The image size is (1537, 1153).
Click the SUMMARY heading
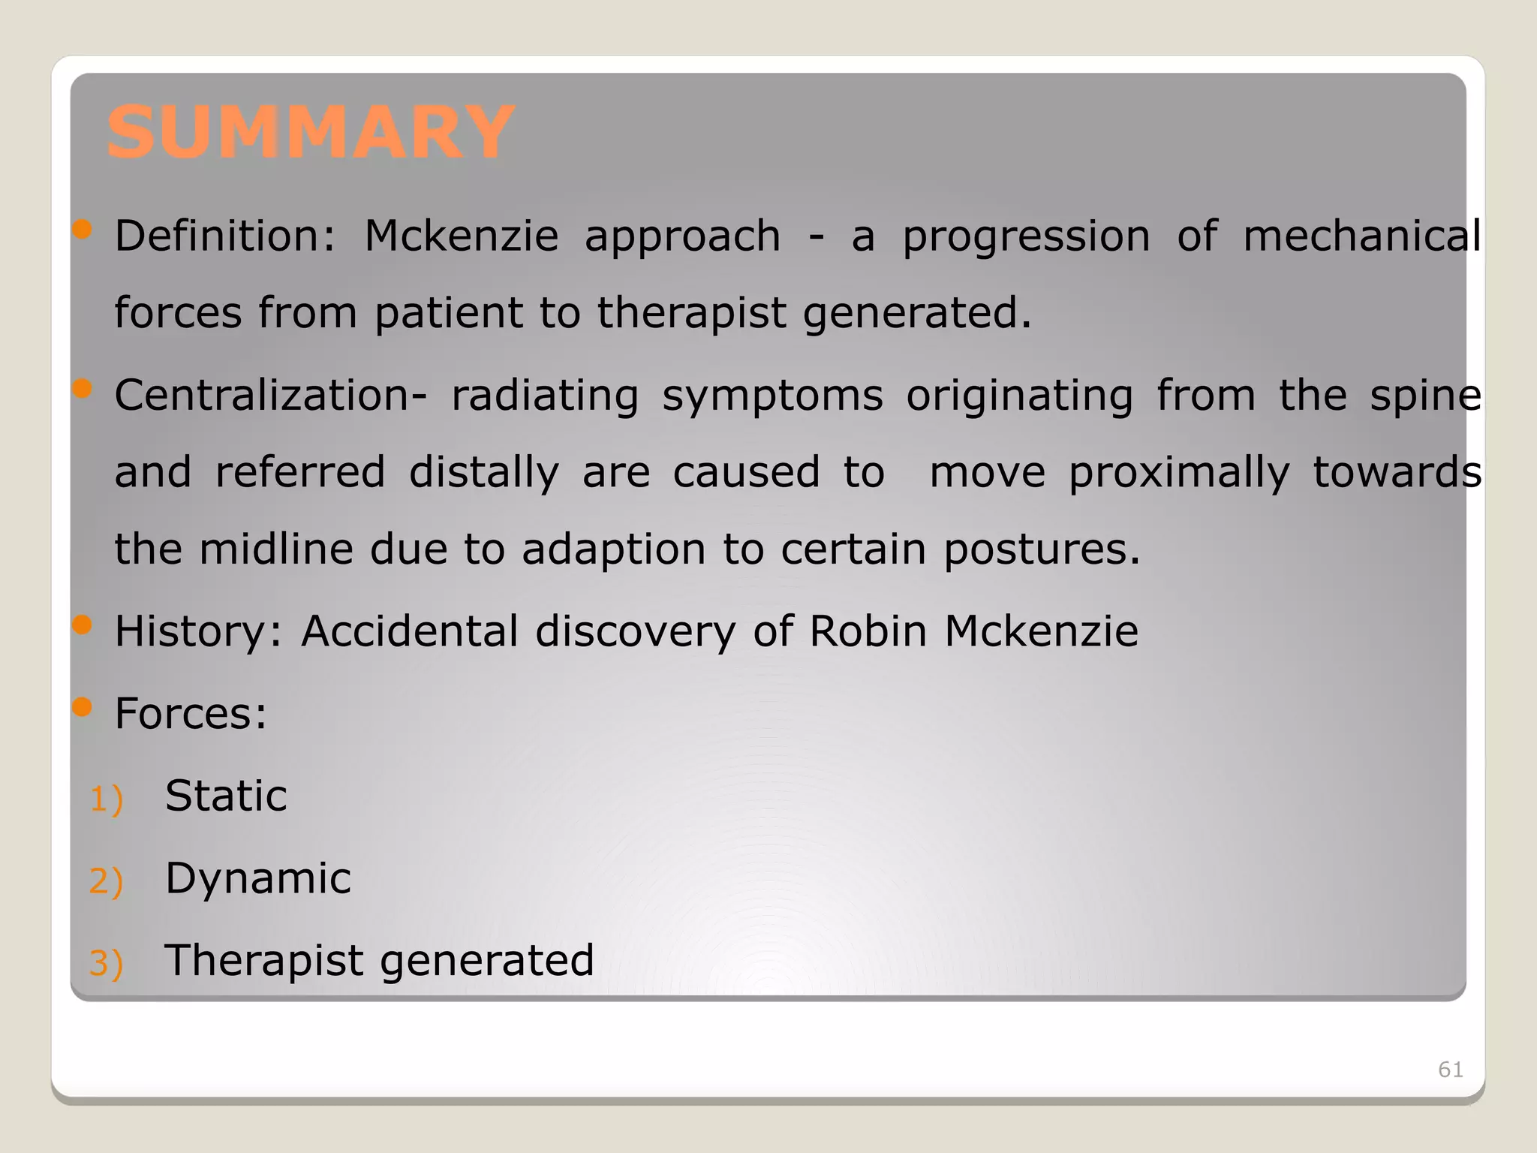tap(311, 133)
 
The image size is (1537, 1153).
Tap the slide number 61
tap(1450, 1070)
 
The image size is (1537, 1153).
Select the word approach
tap(682, 237)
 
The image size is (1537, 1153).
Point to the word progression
tap(1026, 237)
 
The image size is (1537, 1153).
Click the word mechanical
tap(1361, 236)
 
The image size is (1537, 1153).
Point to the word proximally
tap(1179, 474)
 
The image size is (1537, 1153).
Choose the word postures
tap(1042, 550)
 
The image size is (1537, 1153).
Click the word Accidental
tap(409, 631)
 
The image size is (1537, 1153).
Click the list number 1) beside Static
tap(106, 799)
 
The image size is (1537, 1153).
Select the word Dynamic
tap(258, 879)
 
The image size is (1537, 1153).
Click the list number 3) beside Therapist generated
tap(106, 963)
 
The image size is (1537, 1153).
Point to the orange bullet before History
tap(83, 625)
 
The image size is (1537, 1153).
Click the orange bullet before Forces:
tap(83, 706)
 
